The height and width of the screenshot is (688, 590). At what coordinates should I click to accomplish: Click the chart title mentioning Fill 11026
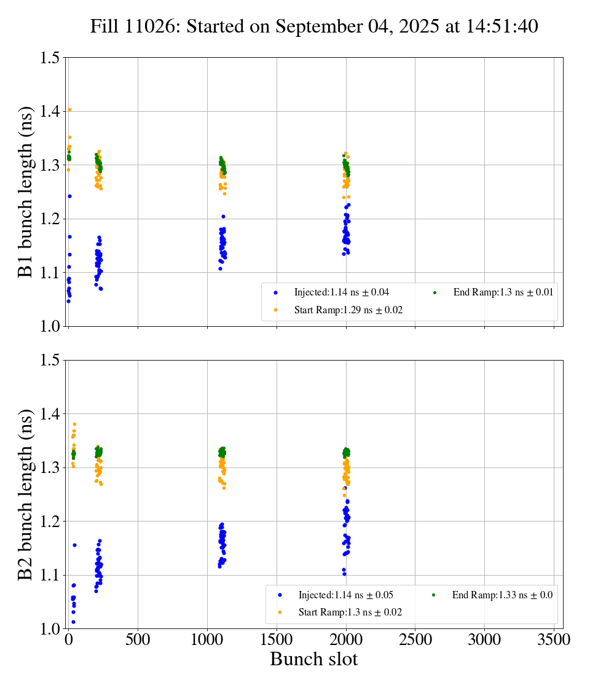point(314,26)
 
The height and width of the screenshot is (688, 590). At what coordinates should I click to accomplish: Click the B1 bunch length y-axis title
point(25,192)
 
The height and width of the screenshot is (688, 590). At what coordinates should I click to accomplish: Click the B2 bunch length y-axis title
point(25,494)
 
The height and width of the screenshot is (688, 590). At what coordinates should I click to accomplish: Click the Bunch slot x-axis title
point(314,659)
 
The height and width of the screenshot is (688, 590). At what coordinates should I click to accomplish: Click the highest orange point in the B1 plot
point(69,110)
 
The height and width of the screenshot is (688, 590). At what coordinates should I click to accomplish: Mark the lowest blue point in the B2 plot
point(73,622)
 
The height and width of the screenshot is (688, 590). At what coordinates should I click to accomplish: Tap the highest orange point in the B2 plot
point(75,424)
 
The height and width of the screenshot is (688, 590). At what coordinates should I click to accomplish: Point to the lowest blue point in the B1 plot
point(68,301)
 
